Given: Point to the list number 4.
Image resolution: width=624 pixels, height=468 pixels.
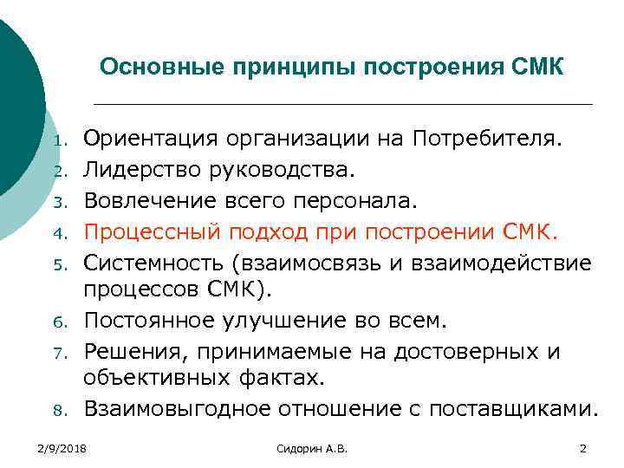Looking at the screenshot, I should click(x=59, y=234).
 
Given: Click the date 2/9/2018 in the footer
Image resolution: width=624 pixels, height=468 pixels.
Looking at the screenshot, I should click(x=62, y=447).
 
